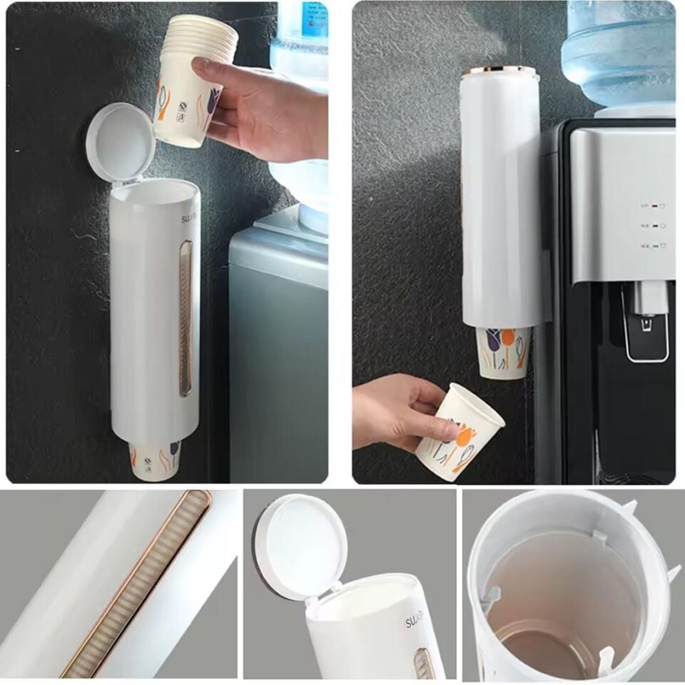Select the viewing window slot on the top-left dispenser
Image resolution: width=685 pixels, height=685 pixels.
click(x=186, y=318)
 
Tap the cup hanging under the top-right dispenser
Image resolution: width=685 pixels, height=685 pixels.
click(x=504, y=352)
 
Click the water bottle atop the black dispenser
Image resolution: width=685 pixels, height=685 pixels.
click(x=618, y=54)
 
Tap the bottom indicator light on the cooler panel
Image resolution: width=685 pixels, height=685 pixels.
click(x=651, y=245)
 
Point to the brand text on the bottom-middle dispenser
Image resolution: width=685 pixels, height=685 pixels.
click(x=414, y=619)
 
